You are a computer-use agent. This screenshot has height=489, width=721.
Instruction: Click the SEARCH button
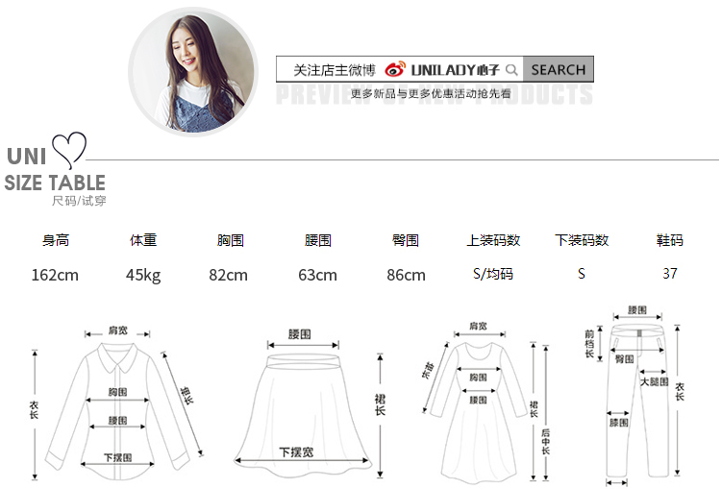tap(558, 69)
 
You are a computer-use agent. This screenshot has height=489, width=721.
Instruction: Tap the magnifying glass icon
tap(511, 69)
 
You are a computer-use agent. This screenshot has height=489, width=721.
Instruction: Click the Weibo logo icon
tap(395, 69)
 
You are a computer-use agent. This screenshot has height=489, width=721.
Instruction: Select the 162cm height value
tap(55, 275)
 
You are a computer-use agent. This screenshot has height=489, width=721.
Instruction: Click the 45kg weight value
tap(143, 275)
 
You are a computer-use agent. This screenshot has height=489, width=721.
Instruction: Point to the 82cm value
tap(228, 275)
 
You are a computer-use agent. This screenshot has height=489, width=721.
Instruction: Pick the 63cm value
tap(317, 275)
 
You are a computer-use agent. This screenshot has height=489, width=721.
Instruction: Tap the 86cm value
tap(406, 275)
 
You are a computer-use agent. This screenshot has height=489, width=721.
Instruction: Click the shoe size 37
tap(670, 274)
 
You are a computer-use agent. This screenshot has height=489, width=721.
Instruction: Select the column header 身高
tap(56, 240)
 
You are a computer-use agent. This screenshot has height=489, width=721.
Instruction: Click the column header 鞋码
tap(669, 240)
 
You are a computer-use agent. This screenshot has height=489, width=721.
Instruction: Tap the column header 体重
tap(143, 240)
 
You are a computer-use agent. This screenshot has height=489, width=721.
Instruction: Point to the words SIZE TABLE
tap(55, 183)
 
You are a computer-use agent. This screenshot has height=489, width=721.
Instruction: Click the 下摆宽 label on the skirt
tap(296, 452)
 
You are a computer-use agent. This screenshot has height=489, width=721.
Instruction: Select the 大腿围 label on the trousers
tap(654, 381)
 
